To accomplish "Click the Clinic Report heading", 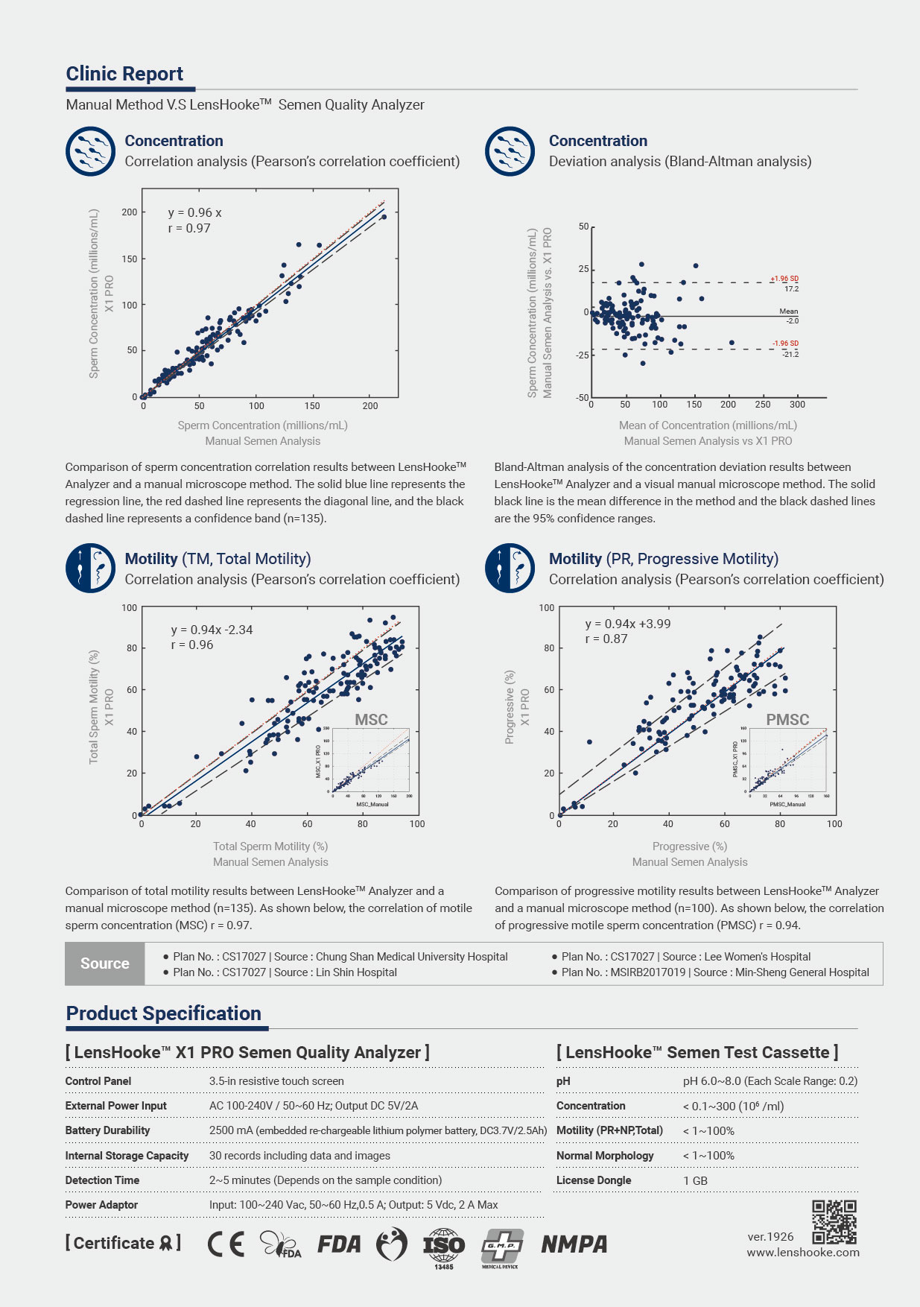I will [124, 74].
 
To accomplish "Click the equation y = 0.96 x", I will [194, 213].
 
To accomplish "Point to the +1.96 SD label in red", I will [784, 279].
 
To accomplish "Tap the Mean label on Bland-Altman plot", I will [788, 311].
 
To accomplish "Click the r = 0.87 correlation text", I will [606, 639].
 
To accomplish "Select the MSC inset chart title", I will [371, 720].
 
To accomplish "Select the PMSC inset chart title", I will [787, 720].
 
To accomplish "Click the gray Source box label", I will [105, 963].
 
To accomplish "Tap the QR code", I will [834, 1223].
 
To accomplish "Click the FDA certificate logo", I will [339, 1244].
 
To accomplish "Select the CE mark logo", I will [226, 1244].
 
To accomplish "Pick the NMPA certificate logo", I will [574, 1244].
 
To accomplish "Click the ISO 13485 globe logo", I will [444, 1246].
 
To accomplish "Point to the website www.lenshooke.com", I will [803, 1253].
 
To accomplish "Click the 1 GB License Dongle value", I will [695, 1180].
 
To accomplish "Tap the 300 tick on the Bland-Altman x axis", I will [797, 405].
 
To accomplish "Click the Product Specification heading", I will [164, 1013].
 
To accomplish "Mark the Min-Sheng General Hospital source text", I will [802, 972].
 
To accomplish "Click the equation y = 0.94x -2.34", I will [212, 630].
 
